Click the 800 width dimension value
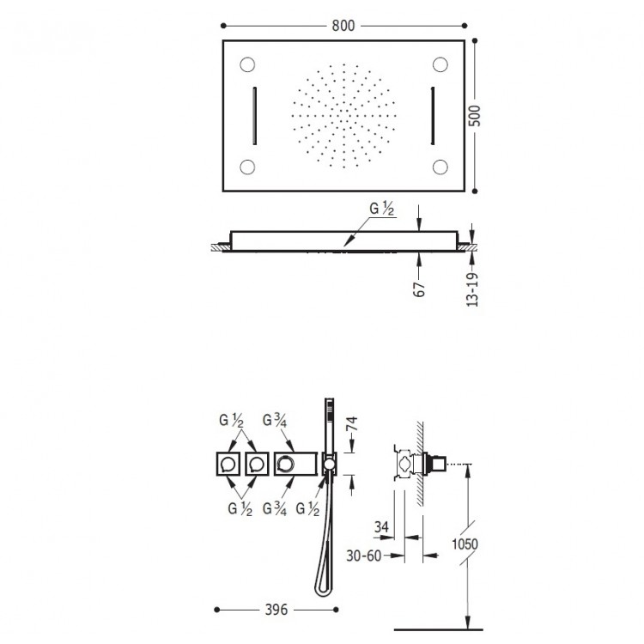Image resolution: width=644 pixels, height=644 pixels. coord(343,26)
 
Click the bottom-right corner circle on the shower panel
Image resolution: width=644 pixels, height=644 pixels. coord(442,167)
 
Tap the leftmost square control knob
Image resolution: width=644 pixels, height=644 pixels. coord(228,465)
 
